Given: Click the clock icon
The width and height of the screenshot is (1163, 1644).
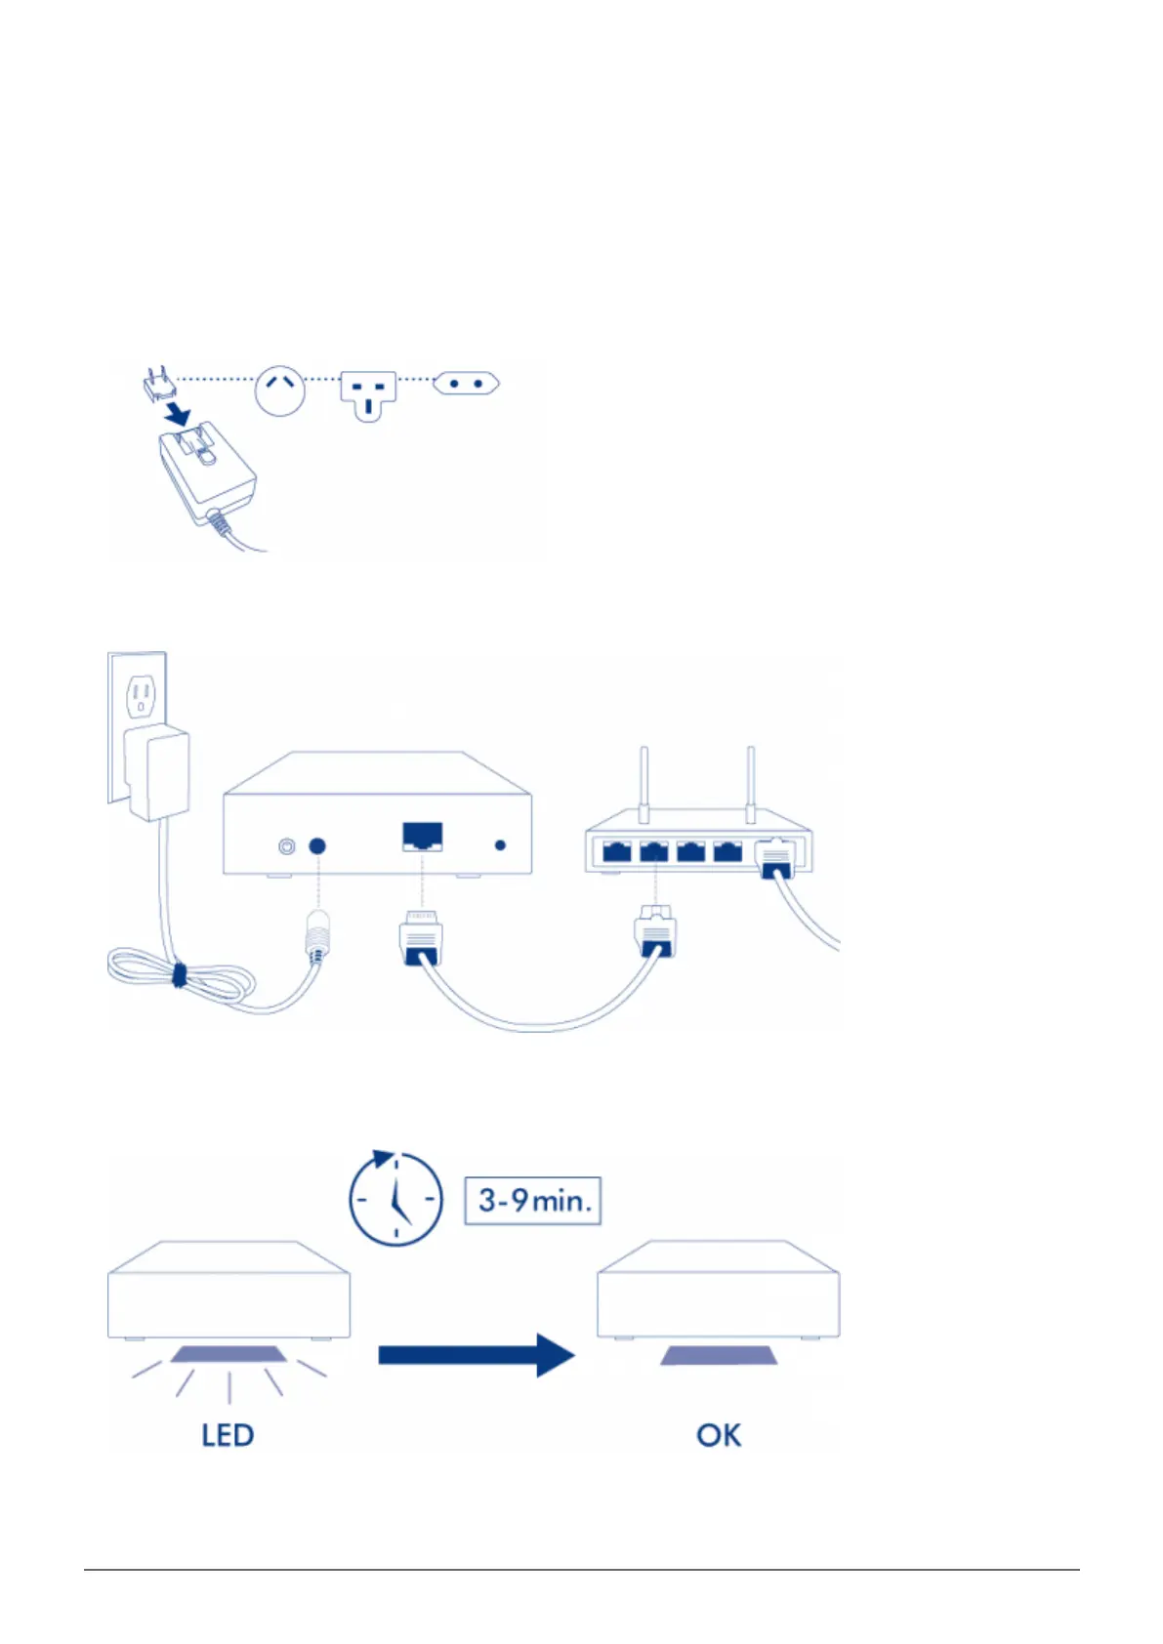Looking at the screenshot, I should click(x=395, y=1200).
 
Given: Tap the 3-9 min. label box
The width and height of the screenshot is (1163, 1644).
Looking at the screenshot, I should click(x=532, y=1200).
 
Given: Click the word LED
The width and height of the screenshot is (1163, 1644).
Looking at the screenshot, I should click(x=228, y=1435).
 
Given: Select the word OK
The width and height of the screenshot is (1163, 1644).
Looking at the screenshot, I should click(x=719, y=1435).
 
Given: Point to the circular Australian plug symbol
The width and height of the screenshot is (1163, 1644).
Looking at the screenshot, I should click(x=280, y=390).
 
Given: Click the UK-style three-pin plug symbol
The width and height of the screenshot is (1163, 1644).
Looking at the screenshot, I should click(x=368, y=394).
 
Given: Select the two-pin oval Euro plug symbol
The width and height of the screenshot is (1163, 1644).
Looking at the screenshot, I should click(x=466, y=384).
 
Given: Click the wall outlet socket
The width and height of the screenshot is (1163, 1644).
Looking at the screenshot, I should click(x=141, y=696).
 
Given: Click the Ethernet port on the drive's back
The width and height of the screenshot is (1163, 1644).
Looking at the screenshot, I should click(x=422, y=837).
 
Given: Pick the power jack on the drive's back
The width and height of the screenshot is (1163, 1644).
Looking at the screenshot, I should click(x=317, y=846).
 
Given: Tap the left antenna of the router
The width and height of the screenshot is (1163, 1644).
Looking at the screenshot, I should click(x=644, y=785).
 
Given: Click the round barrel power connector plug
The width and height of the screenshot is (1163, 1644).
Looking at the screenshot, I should click(x=316, y=935).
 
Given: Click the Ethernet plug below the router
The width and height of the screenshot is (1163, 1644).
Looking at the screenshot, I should click(x=655, y=931).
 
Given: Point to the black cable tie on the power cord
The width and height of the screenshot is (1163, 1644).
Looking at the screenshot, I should click(x=179, y=974).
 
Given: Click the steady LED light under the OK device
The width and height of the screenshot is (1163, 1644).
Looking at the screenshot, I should click(x=719, y=1355).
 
